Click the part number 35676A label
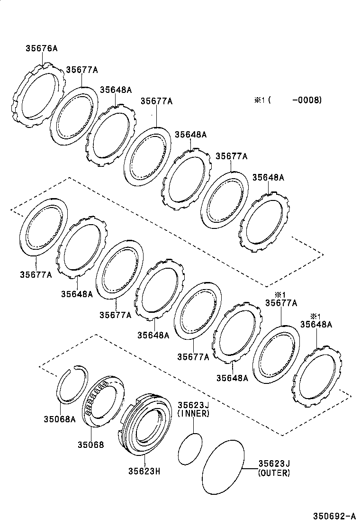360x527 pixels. click(42, 48)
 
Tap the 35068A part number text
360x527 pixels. click(59, 419)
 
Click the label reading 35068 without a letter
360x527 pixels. click(90, 445)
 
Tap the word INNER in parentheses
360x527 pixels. click(193, 414)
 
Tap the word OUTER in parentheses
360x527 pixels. click(274, 473)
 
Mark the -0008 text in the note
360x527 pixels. click(307, 100)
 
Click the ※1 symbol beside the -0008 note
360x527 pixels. click(259, 100)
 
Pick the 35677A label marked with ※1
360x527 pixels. click(281, 303)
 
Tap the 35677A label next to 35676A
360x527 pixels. click(81, 70)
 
